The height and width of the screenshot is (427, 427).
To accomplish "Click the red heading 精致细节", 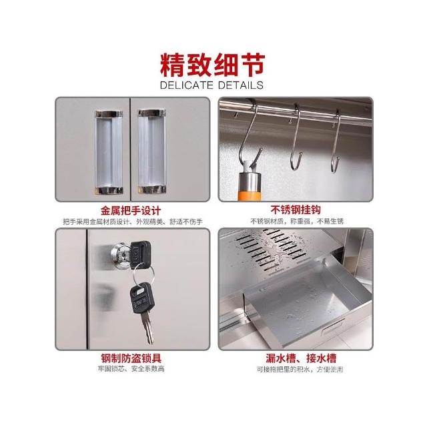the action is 212,65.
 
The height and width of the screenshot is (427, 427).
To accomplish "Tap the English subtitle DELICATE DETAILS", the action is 211,85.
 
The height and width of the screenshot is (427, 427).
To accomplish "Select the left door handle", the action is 109,152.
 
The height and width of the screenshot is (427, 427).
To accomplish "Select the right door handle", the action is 151,151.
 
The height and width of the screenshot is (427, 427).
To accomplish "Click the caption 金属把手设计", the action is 131,211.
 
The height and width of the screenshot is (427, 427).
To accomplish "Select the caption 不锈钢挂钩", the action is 296,209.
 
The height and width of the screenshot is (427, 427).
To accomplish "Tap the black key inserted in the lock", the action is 139,255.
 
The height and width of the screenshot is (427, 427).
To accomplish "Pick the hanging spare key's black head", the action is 142,298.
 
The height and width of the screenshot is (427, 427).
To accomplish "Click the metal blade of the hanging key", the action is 147,327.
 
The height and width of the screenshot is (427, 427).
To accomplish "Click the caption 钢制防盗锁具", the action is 131,358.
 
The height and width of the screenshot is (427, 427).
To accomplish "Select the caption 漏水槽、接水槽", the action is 301,358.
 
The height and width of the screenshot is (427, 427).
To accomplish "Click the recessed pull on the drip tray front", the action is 333,326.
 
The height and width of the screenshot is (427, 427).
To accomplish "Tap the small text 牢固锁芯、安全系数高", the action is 131,369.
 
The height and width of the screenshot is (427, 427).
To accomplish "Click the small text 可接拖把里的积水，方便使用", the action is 300,369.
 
